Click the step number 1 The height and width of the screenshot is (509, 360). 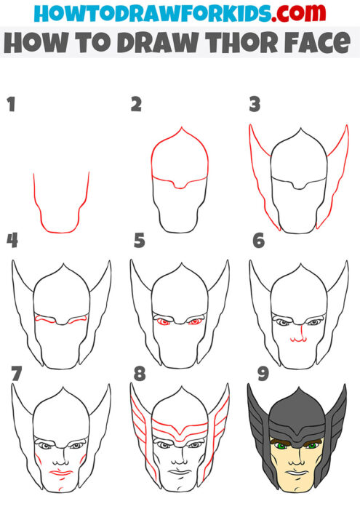11,105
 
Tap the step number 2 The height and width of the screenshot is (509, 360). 136,105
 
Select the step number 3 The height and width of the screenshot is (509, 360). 255,105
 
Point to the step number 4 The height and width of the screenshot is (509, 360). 12,240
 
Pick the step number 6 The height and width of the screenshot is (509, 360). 257,240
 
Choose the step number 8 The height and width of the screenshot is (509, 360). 140,374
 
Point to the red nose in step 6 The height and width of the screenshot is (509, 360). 297,338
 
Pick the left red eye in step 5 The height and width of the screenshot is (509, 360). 163,321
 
